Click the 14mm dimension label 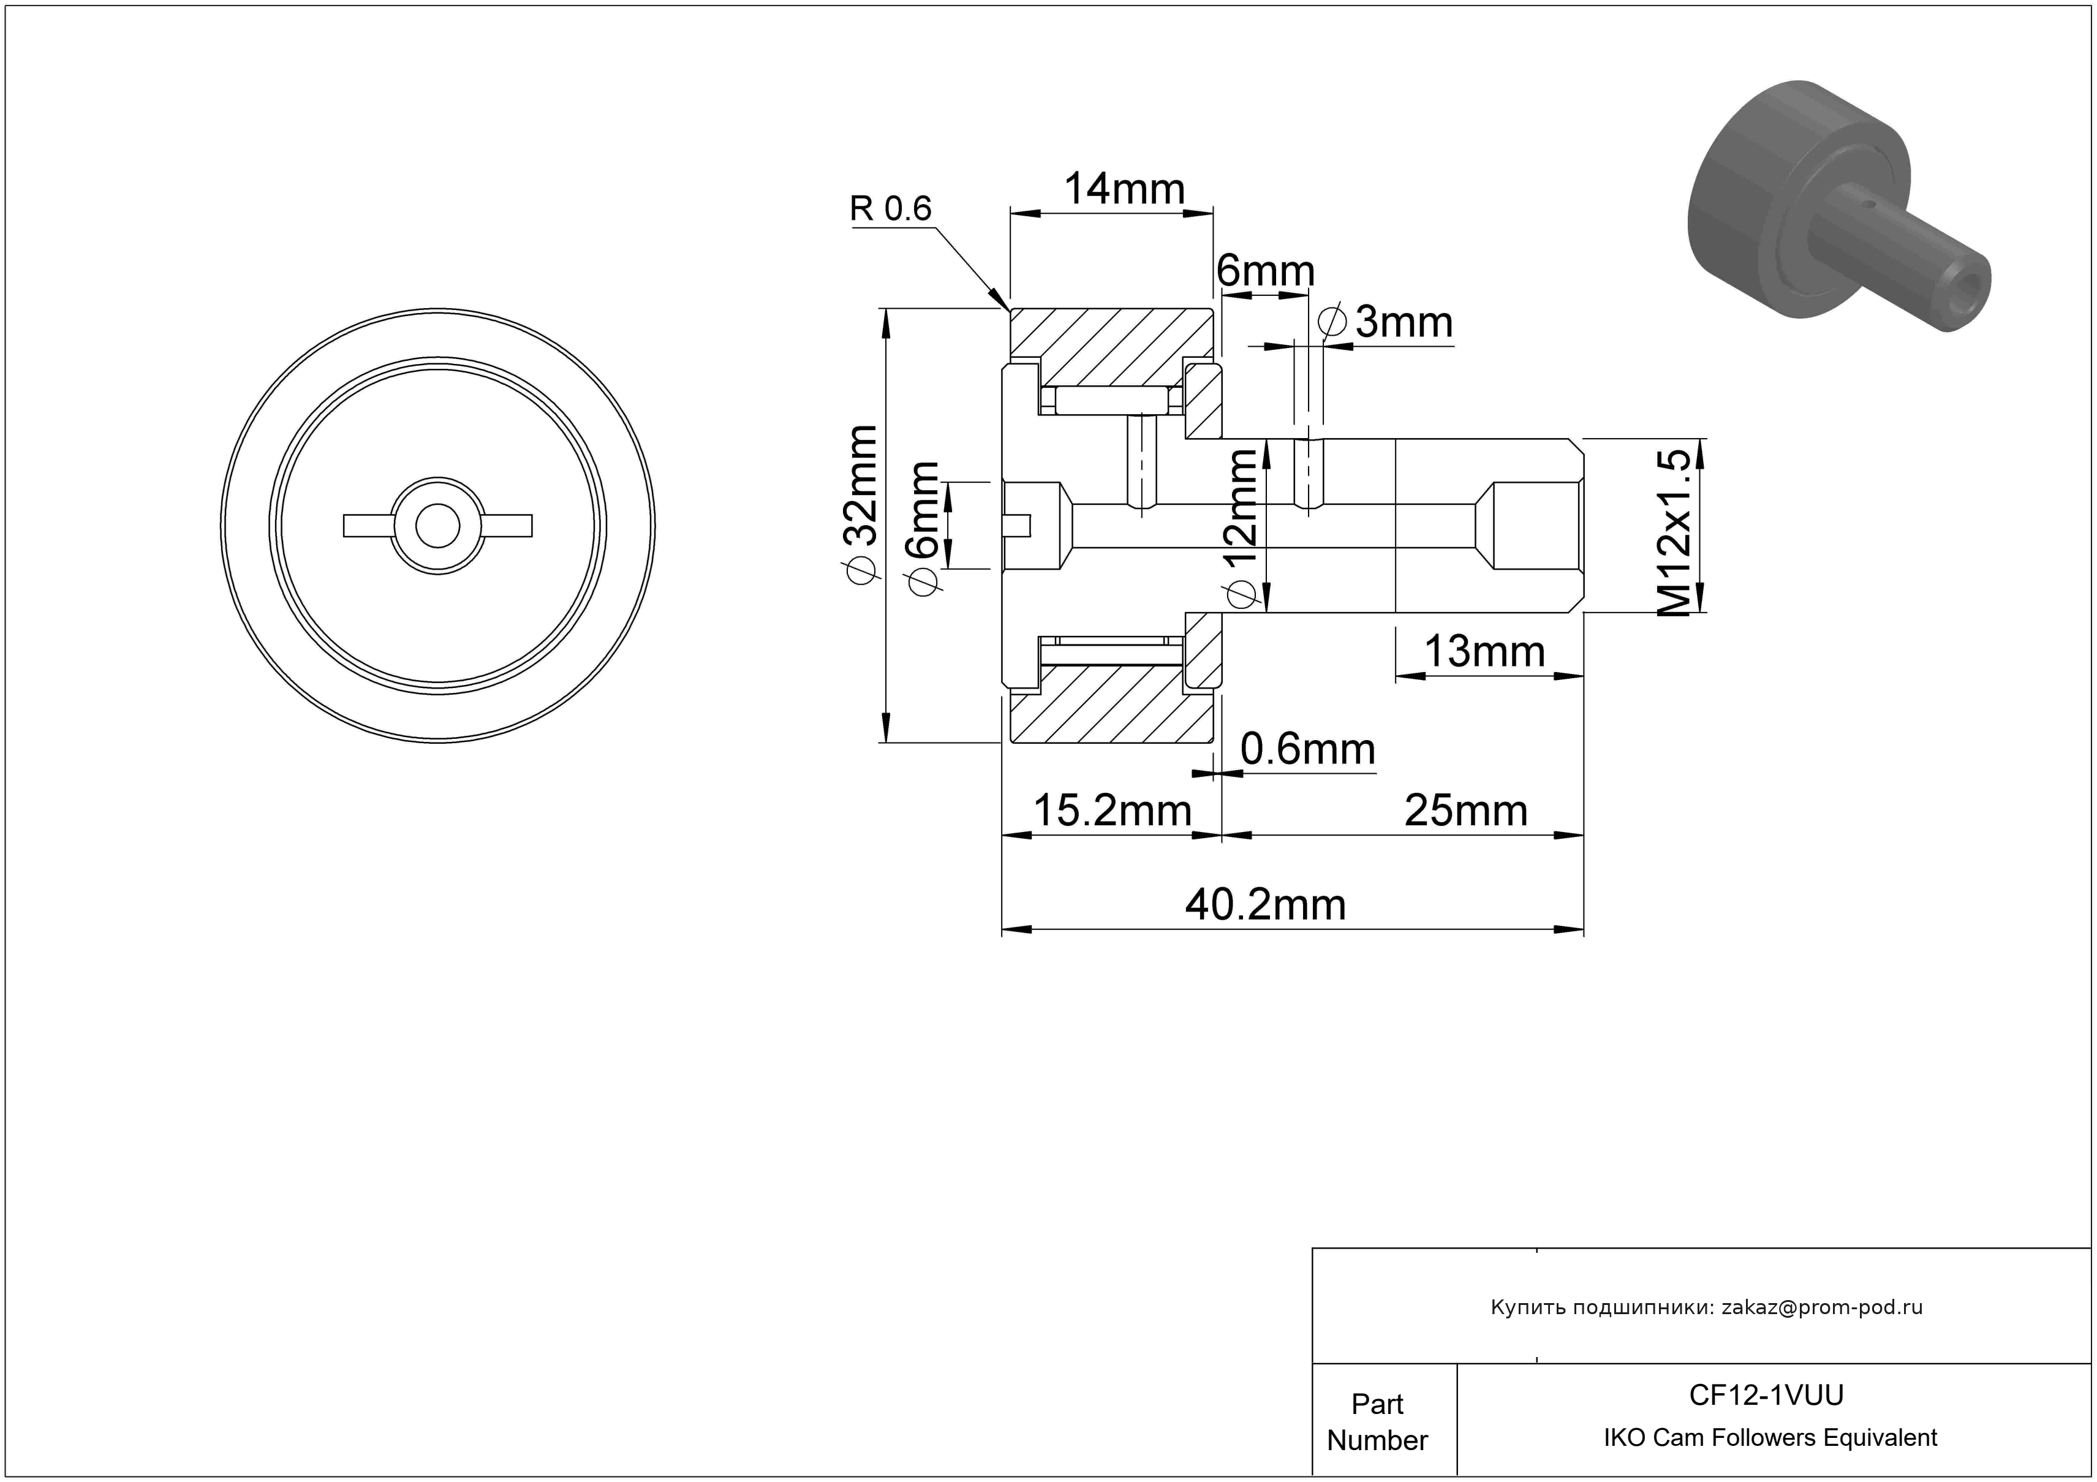[1124, 190]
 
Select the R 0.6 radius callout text [891, 208]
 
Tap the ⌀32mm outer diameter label [861, 503]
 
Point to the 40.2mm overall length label [1266, 905]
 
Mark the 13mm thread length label [1485, 652]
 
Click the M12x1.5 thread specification [1675, 533]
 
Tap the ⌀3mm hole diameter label [1386, 322]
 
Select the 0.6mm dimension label [1308, 750]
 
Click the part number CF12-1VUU [1766, 1394]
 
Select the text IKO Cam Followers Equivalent [1770, 1437]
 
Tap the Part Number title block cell [1377, 1422]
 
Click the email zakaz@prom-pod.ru [1822, 1307]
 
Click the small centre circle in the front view [437, 526]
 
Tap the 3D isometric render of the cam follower [1838, 205]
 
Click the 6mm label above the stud [1266, 271]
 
